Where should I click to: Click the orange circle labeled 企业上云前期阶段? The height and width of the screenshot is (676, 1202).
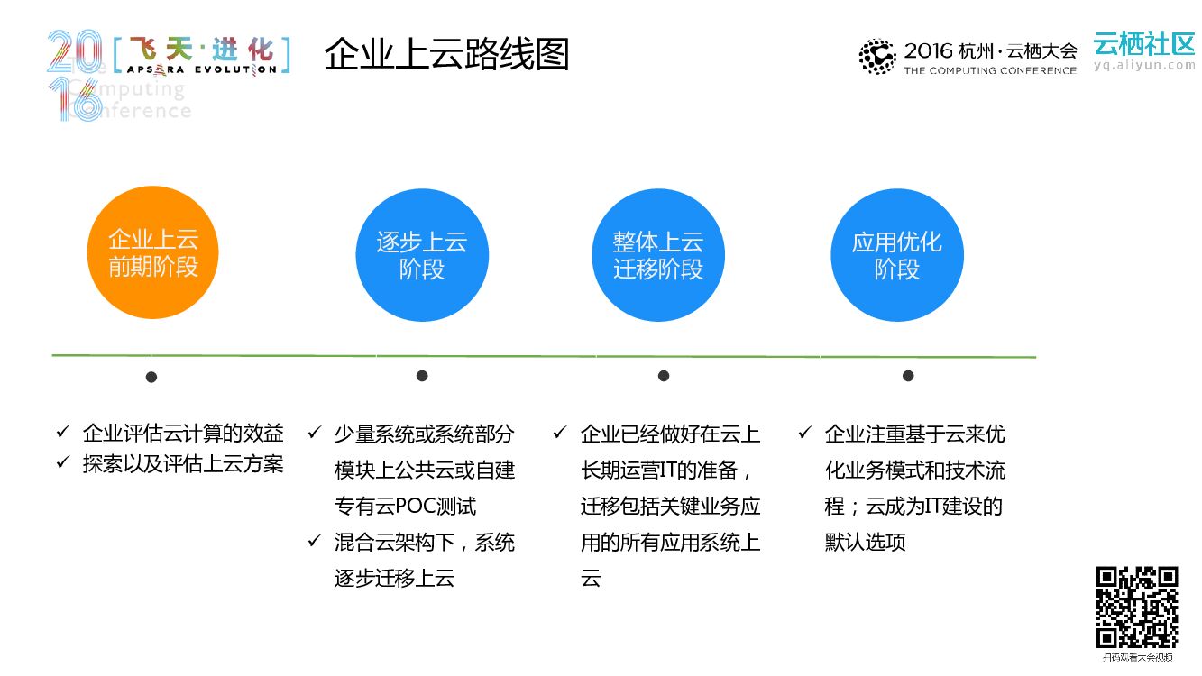coord(152,253)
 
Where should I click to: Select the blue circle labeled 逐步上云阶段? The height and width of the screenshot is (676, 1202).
coord(422,255)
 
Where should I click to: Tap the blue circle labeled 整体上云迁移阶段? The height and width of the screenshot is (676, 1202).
coord(658,255)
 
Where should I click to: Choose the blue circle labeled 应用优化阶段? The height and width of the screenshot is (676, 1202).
coord(896,255)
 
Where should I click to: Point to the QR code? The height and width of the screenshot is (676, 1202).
coord(1137,607)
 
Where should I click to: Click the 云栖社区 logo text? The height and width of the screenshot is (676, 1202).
coord(1143,42)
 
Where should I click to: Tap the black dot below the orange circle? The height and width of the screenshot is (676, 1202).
coord(151,377)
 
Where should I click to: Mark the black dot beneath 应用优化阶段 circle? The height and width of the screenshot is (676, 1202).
coord(908,376)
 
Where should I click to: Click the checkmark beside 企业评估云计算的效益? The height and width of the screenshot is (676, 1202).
coord(63,433)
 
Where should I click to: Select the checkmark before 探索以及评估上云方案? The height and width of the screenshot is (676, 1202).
coord(63,462)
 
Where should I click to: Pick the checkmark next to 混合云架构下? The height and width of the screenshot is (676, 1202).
coord(315,541)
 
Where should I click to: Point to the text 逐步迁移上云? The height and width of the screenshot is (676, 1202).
coord(394,578)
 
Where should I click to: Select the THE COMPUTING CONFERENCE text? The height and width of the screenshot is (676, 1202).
coord(990,70)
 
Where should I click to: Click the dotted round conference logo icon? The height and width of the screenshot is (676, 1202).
coord(876,56)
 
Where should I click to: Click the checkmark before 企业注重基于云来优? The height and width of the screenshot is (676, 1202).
coord(805,433)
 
